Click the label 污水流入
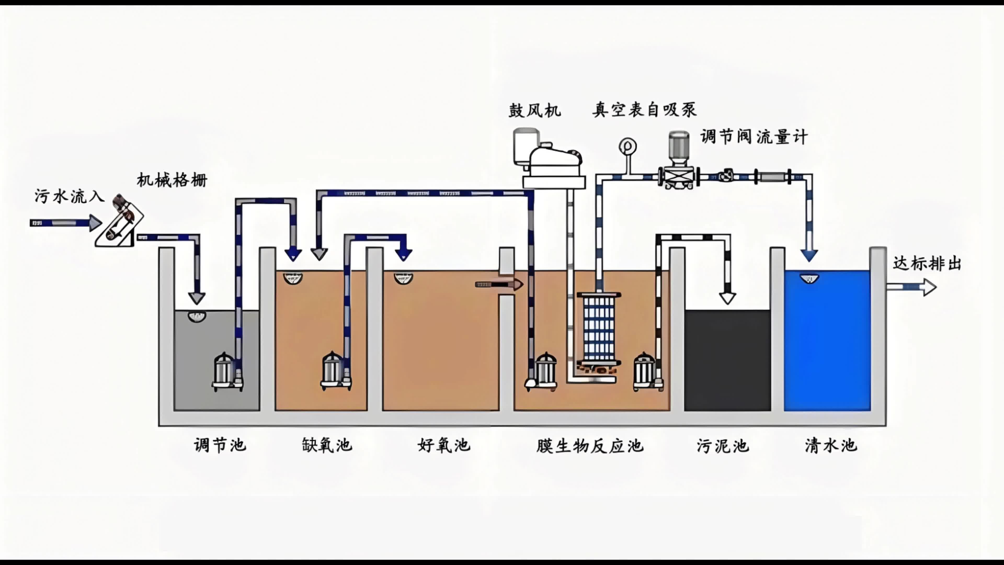point(69,196)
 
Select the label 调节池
point(220,445)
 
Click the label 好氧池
point(444,445)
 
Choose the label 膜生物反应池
point(590,446)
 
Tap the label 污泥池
point(723,446)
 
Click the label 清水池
point(831,445)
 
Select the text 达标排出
point(927,264)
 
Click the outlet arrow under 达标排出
point(911,287)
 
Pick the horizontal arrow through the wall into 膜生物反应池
point(499,285)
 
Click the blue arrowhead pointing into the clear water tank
point(809,255)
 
